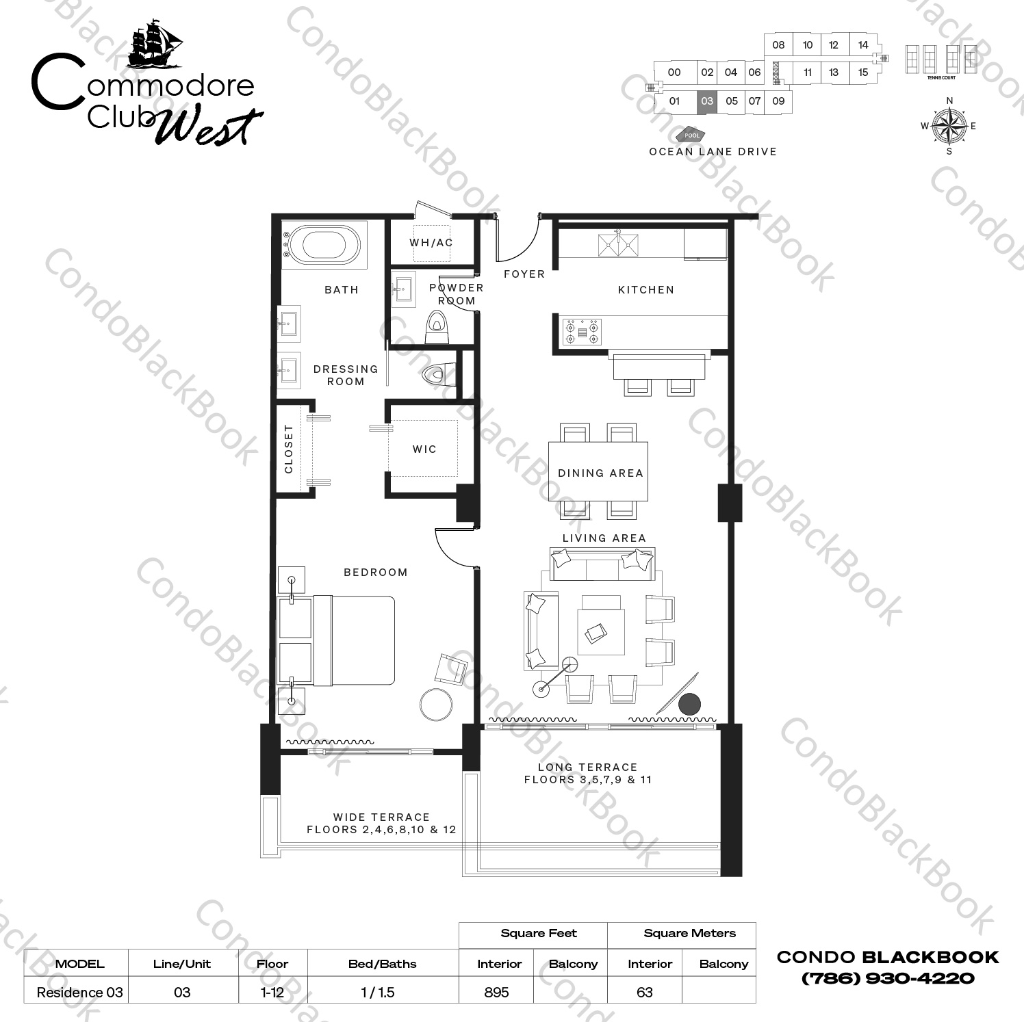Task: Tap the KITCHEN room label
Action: [645, 290]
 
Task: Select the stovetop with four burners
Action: [582, 332]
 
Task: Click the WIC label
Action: [424, 449]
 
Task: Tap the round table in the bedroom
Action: [435, 705]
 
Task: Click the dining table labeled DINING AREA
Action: [598, 472]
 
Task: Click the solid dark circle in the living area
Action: [689, 704]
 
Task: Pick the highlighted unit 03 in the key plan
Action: [707, 101]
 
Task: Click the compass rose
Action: [949, 126]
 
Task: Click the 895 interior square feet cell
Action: [496, 992]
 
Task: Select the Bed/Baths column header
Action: [382, 964]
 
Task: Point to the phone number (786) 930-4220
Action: [887, 978]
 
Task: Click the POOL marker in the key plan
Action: [691, 135]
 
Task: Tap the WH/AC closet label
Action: [431, 243]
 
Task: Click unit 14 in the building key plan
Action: [863, 45]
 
